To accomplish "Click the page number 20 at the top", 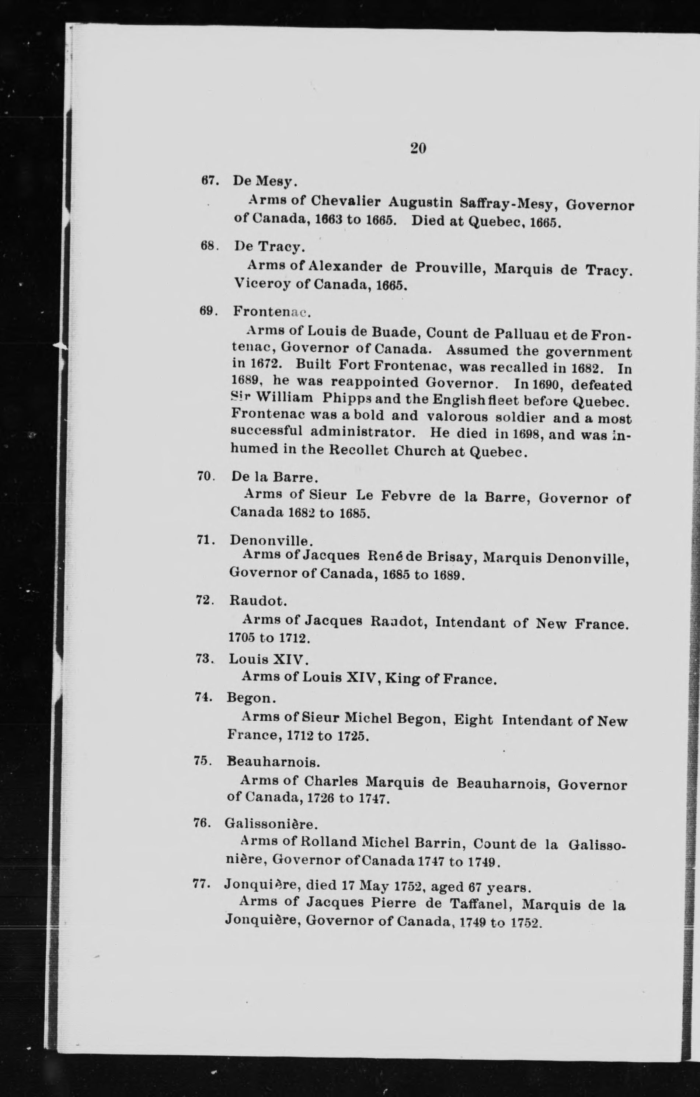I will pyautogui.click(x=418, y=149).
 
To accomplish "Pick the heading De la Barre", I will pyautogui.click(x=273, y=477).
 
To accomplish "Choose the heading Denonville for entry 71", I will pyautogui.click(x=271, y=540).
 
